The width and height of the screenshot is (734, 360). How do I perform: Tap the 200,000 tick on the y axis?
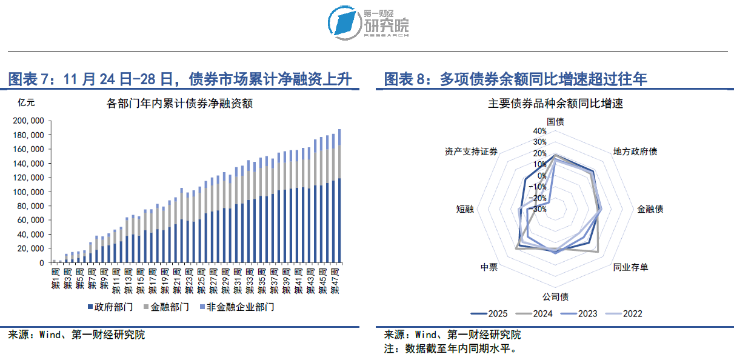tap(29, 121)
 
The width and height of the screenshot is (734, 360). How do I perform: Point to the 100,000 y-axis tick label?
tap(29, 192)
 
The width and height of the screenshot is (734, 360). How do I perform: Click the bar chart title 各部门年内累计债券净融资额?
tap(179, 104)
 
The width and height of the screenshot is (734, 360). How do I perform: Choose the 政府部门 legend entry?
tap(110, 307)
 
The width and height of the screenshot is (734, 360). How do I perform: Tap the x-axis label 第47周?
tap(333, 279)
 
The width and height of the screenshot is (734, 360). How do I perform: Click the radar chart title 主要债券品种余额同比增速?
tap(555, 104)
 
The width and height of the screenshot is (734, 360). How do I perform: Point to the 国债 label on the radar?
tap(555, 121)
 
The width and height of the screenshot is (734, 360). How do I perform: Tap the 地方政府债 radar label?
tap(635, 152)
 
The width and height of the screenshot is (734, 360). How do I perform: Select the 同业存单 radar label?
tap(630, 267)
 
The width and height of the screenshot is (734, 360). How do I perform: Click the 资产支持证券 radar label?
tap(471, 152)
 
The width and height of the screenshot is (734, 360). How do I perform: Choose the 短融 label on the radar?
tap(465, 209)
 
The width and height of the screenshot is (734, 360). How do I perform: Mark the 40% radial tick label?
tap(539, 132)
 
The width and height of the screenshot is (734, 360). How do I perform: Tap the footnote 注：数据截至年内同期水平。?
tap(449, 348)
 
